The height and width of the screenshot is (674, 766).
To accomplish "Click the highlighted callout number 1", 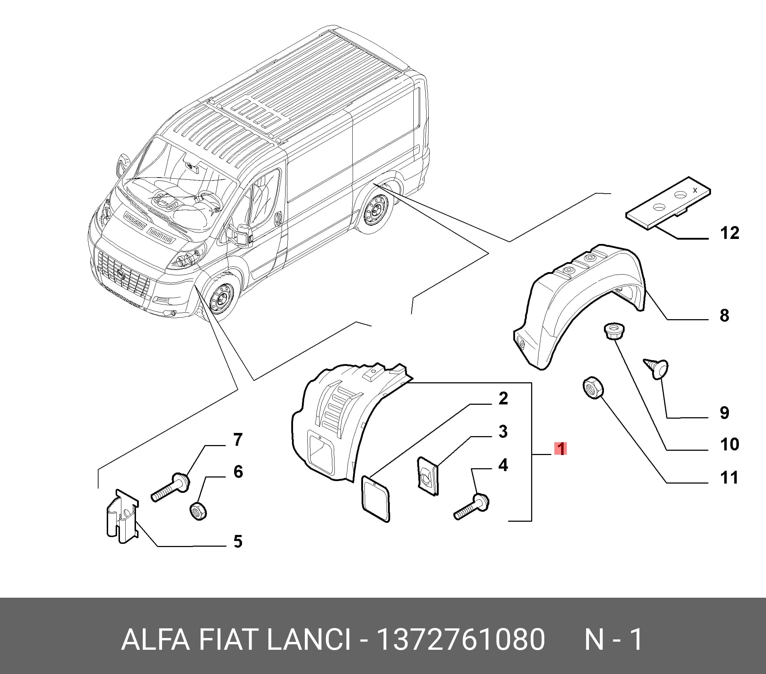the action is click(x=561, y=449).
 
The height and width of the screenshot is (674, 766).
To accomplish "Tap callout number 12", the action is click(x=730, y=233).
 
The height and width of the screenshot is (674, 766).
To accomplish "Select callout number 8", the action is click(x=724, y=315).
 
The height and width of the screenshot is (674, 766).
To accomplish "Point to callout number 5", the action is click(x=238, y=541).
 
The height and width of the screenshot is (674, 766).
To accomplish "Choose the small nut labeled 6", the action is click(x=198, y=511).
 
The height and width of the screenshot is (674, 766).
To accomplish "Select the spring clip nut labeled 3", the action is click(x=428, y=476).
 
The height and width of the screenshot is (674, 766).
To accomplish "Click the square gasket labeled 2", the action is click(x=375, y=499).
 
